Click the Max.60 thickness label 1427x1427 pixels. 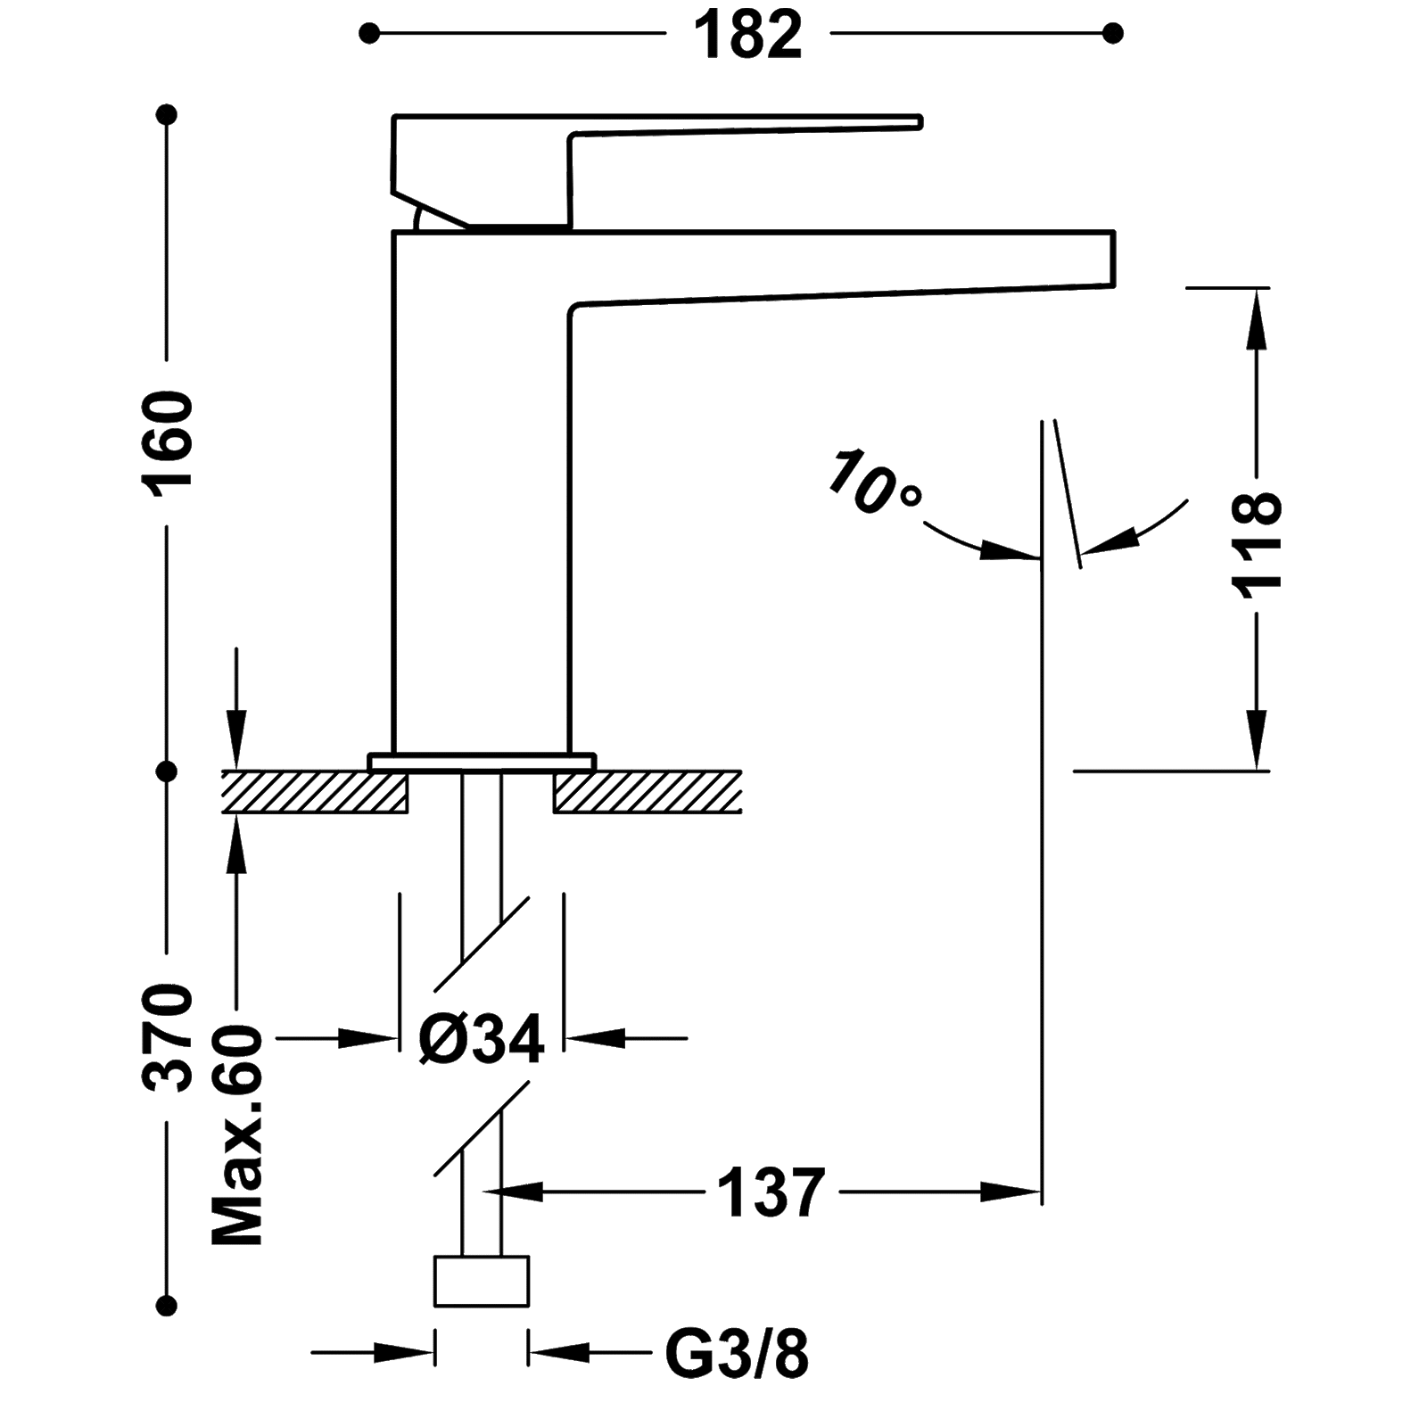[237, 1134]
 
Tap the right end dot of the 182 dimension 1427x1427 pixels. [1111, 35]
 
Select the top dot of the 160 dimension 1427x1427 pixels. [167, 115]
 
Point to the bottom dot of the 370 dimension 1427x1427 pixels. [167, 1305]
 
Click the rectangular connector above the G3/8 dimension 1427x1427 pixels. [482, 1282]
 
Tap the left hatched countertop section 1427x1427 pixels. [312, 791]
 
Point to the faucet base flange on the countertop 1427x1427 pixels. [482, 761]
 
